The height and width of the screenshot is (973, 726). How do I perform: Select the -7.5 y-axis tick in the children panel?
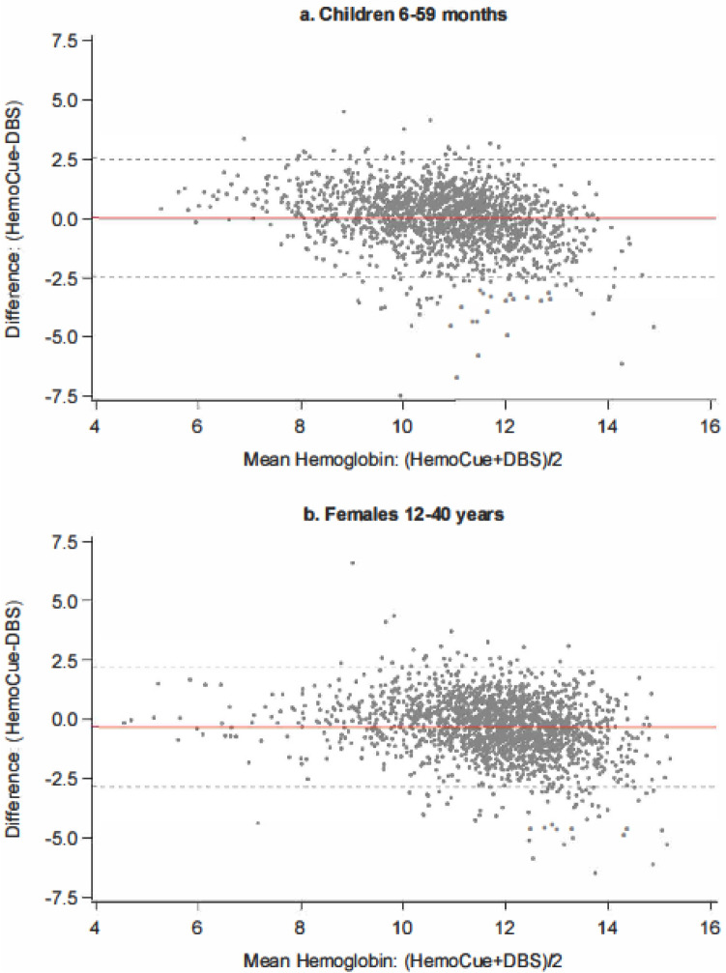click(67, 396)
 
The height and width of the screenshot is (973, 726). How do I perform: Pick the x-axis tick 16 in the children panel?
click(710, 428)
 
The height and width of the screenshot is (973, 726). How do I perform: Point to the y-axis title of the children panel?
click(15, 217)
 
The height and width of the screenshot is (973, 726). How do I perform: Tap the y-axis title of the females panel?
click(15, 718)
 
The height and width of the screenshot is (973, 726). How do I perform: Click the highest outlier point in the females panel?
click(352, 562)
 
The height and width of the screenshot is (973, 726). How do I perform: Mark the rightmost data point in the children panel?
click(653, 328)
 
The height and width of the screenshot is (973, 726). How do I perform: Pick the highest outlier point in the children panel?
click(343, 112)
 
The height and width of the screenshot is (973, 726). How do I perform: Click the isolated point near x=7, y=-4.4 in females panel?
click(257, 823)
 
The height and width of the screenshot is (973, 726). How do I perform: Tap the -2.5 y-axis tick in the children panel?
click(67, 277)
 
